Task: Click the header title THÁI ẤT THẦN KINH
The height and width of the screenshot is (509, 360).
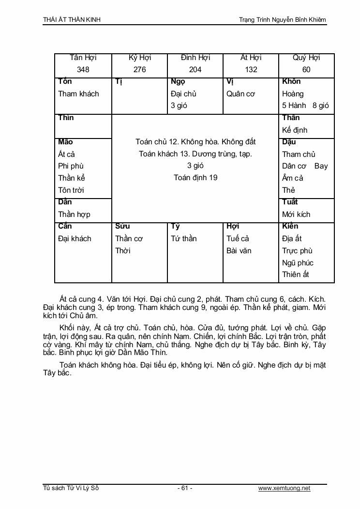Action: click(72, 20)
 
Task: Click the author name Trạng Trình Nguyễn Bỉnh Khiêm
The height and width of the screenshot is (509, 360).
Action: click(283, 20)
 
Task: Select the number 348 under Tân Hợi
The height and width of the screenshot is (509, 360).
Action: click(83, 70)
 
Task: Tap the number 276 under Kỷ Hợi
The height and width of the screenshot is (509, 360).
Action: click(139, 70)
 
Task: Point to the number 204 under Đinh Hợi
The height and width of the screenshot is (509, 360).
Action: click(195, 70)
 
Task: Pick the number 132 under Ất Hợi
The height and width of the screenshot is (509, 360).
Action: click(251, 70)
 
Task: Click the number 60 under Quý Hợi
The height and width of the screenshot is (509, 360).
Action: click(306, 70)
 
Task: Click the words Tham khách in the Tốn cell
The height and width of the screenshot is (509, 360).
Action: click(78, 94)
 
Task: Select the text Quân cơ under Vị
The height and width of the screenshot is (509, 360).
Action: click(240, 94)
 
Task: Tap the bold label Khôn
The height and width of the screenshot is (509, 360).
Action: click(291, 81)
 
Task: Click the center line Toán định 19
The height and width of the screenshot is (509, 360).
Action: click(195, 178)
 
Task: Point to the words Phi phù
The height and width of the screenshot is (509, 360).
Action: click(71, 166)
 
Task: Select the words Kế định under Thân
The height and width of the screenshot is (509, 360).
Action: click(295, 130)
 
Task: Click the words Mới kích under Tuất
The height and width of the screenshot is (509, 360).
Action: click(296, 214)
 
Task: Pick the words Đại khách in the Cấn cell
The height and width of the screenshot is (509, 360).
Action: click(75, 238)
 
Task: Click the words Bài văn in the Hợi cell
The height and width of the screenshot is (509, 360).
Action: click(239, 251)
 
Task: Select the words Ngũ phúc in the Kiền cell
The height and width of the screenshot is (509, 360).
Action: click(298, 263)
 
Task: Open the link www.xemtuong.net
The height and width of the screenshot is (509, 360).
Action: click(284, 488)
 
